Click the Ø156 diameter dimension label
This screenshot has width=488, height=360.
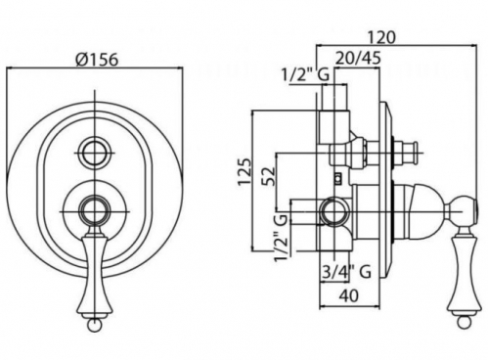coord(96,60)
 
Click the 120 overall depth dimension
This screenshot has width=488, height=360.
coord(381,37)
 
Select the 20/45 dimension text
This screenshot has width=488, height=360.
coord(358,59)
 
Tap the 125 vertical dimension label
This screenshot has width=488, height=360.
coord(244,172)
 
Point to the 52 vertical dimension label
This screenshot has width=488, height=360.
coord(269,176)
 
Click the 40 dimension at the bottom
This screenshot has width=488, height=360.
coord(349,295)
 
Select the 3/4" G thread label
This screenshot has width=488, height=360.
coord(346,271)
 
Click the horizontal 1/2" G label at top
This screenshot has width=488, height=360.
coord(305,75)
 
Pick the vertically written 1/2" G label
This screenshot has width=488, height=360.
coord(281,238)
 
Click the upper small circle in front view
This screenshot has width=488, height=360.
coord(95,153)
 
